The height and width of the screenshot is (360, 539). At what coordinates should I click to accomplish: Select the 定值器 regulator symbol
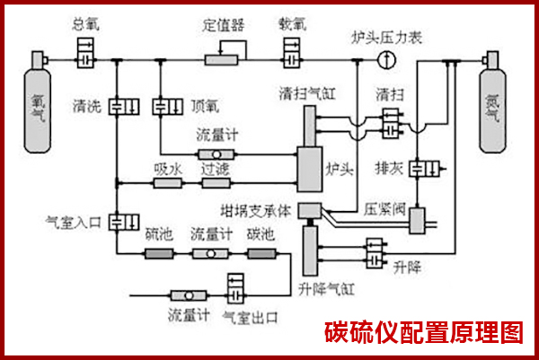pos(221,59)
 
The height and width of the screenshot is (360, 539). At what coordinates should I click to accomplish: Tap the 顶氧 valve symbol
pos(163,107)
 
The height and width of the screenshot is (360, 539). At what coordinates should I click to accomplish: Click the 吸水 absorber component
pos(167,183)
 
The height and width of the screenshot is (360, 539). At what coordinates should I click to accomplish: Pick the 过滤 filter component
pos(215,183)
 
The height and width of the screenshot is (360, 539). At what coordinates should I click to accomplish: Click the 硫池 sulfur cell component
pos(158,254)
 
